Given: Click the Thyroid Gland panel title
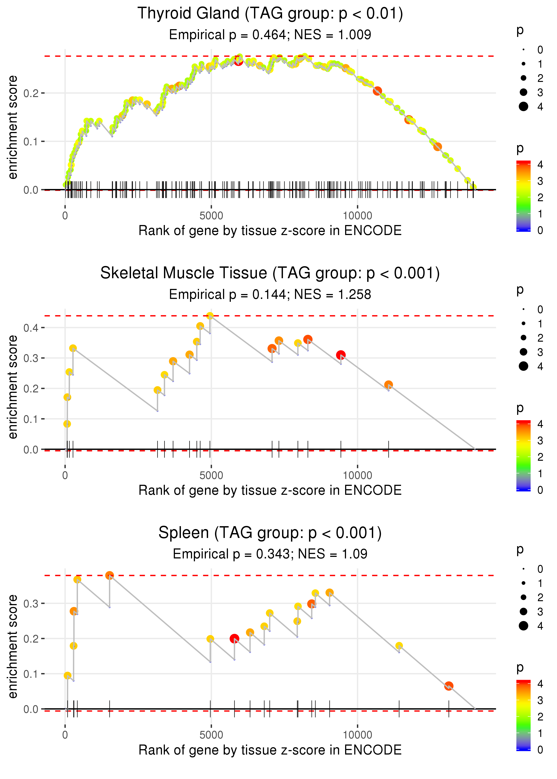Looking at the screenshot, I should click(270, 14).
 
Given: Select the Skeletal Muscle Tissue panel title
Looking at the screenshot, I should click(270, 273).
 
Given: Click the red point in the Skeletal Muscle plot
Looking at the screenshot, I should click(341, 355).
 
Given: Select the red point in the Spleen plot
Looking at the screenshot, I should click(234, 639).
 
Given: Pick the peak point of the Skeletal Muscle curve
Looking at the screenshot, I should click(210, 316).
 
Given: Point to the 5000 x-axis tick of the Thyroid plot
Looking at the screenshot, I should click(211, 216).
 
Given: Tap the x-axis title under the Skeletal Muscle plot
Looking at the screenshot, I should click(270, 491).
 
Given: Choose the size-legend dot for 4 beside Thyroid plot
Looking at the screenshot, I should click(523, 107).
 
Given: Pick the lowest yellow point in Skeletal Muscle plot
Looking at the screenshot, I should click(67, 424).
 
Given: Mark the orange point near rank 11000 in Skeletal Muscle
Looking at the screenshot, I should click(388, 385).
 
